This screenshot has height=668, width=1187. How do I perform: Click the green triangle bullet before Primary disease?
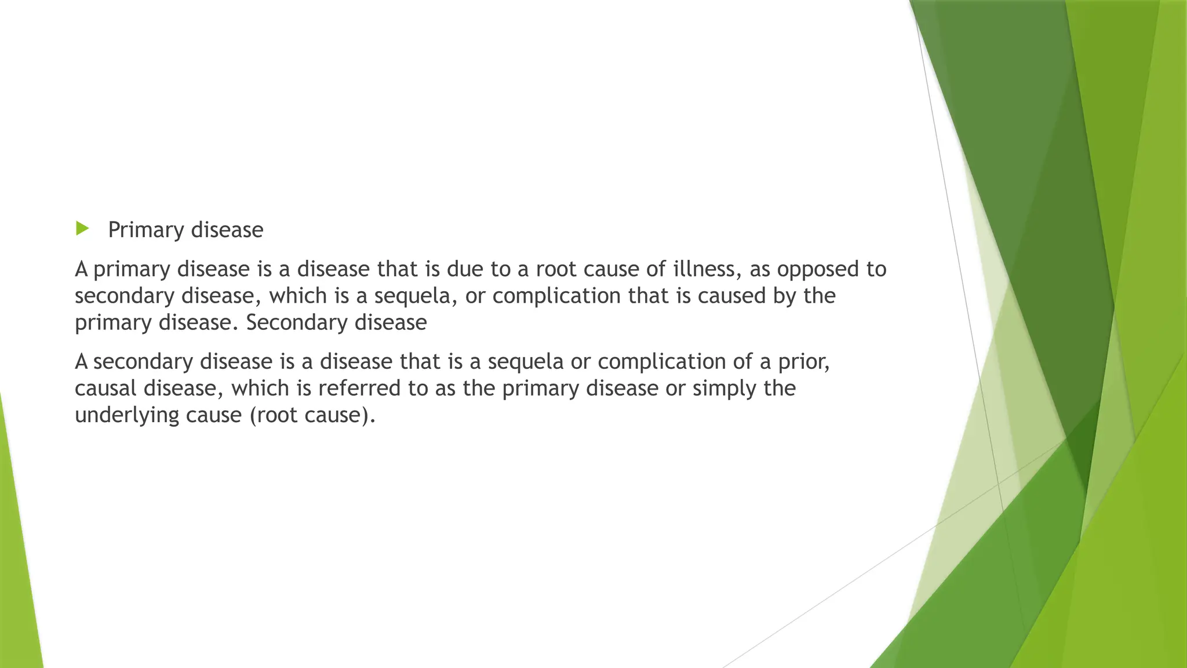(x=82, y=228)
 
